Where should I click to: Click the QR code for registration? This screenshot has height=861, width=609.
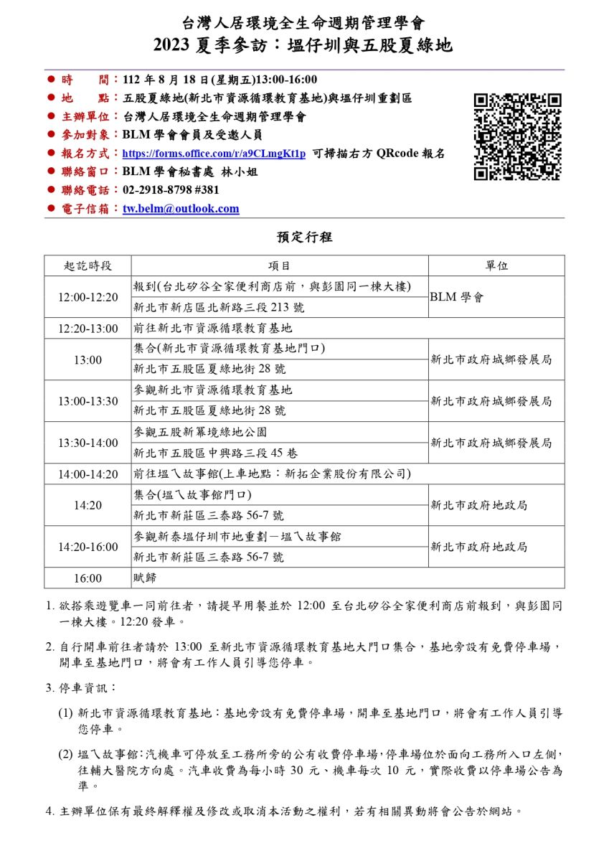(517, 136)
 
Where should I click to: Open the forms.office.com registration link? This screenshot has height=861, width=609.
(214, 154)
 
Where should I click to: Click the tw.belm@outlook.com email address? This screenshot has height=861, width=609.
(181, 209)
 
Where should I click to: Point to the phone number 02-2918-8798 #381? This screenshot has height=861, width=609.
(171, 190)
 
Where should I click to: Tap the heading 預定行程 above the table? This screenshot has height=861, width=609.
(304, 237)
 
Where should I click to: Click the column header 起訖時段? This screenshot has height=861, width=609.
(88, 265)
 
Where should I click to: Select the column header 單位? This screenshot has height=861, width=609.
(496, 265)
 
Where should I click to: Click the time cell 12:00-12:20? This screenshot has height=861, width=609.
(88, 297)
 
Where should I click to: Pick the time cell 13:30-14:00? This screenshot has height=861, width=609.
(88, 443)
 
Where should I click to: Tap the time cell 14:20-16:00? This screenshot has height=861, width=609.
(88, 547)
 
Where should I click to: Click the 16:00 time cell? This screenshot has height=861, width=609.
(88, 578)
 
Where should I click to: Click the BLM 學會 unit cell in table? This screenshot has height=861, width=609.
(456, 297)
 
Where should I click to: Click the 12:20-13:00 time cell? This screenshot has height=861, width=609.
(88, 329)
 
